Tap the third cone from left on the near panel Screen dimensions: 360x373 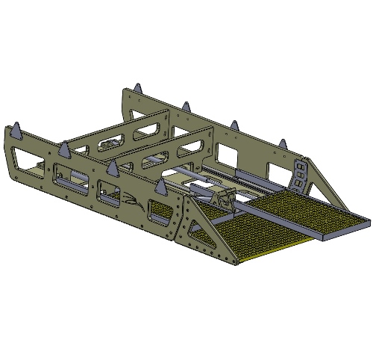tap(112, 168)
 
